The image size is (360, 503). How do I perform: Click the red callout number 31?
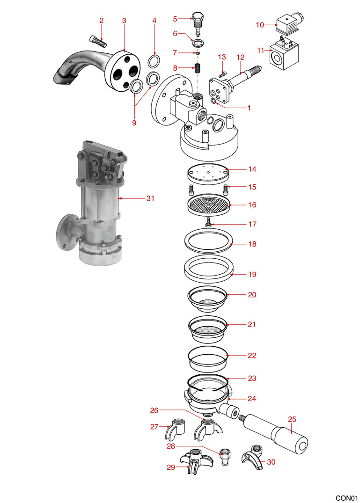pos(150,198)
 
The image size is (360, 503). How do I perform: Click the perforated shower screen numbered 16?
pos(208,205)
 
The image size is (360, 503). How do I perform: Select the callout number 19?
pos(252,275)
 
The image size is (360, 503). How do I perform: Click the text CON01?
pos(346,497)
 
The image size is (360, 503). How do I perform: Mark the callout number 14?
pos(252,168)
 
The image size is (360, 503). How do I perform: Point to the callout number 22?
pos(252,356)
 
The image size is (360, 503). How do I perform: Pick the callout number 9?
pos(134,123)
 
